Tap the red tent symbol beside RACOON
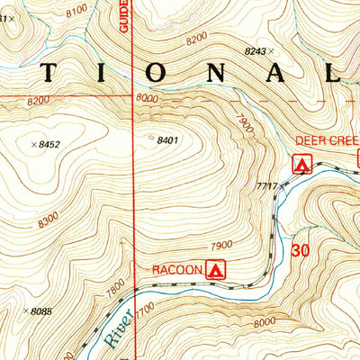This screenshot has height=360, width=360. (214, 268)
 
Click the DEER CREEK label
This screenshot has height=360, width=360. (328, 141)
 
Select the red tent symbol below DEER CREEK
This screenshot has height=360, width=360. (302, 164)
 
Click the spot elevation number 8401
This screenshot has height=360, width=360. (168, 140)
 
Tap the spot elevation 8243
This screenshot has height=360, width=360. (257, 53)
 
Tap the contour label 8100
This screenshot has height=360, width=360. (77, 8)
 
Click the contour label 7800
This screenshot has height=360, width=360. (115, 288)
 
